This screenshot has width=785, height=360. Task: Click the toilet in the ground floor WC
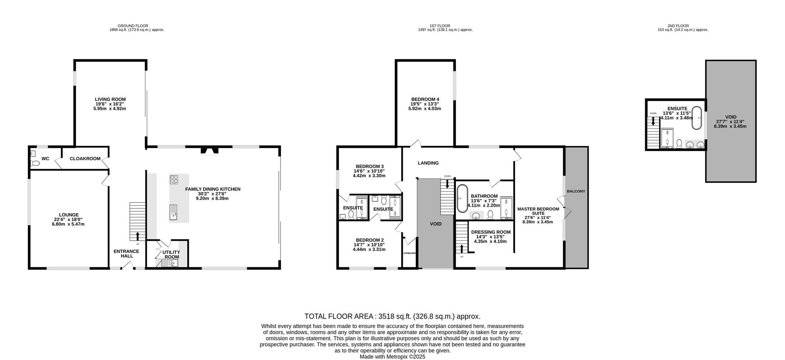[35, 163]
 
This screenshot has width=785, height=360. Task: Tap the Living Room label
[110, 99]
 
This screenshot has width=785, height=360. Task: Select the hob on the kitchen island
[174, 179]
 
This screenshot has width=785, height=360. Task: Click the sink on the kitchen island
[173, 212]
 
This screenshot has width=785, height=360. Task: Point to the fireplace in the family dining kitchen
[209, 152]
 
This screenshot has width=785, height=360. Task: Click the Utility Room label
[171, 255]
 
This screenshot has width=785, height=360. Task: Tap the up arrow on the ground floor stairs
[137, 236]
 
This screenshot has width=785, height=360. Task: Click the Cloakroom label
[85, 159]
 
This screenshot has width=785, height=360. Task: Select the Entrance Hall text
[126, 254]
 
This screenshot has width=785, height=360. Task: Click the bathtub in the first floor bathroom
[462, 199]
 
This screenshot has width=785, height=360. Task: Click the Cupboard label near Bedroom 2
[409, 253]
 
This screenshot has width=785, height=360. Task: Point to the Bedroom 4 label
[425, 99]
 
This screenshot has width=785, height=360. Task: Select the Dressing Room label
[491, 232]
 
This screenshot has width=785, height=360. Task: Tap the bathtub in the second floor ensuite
[696, 117]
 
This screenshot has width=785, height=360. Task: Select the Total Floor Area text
[392, 316]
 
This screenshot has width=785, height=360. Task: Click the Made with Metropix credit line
[392, 357]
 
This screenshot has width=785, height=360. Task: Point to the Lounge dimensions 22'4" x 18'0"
[69, 219]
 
